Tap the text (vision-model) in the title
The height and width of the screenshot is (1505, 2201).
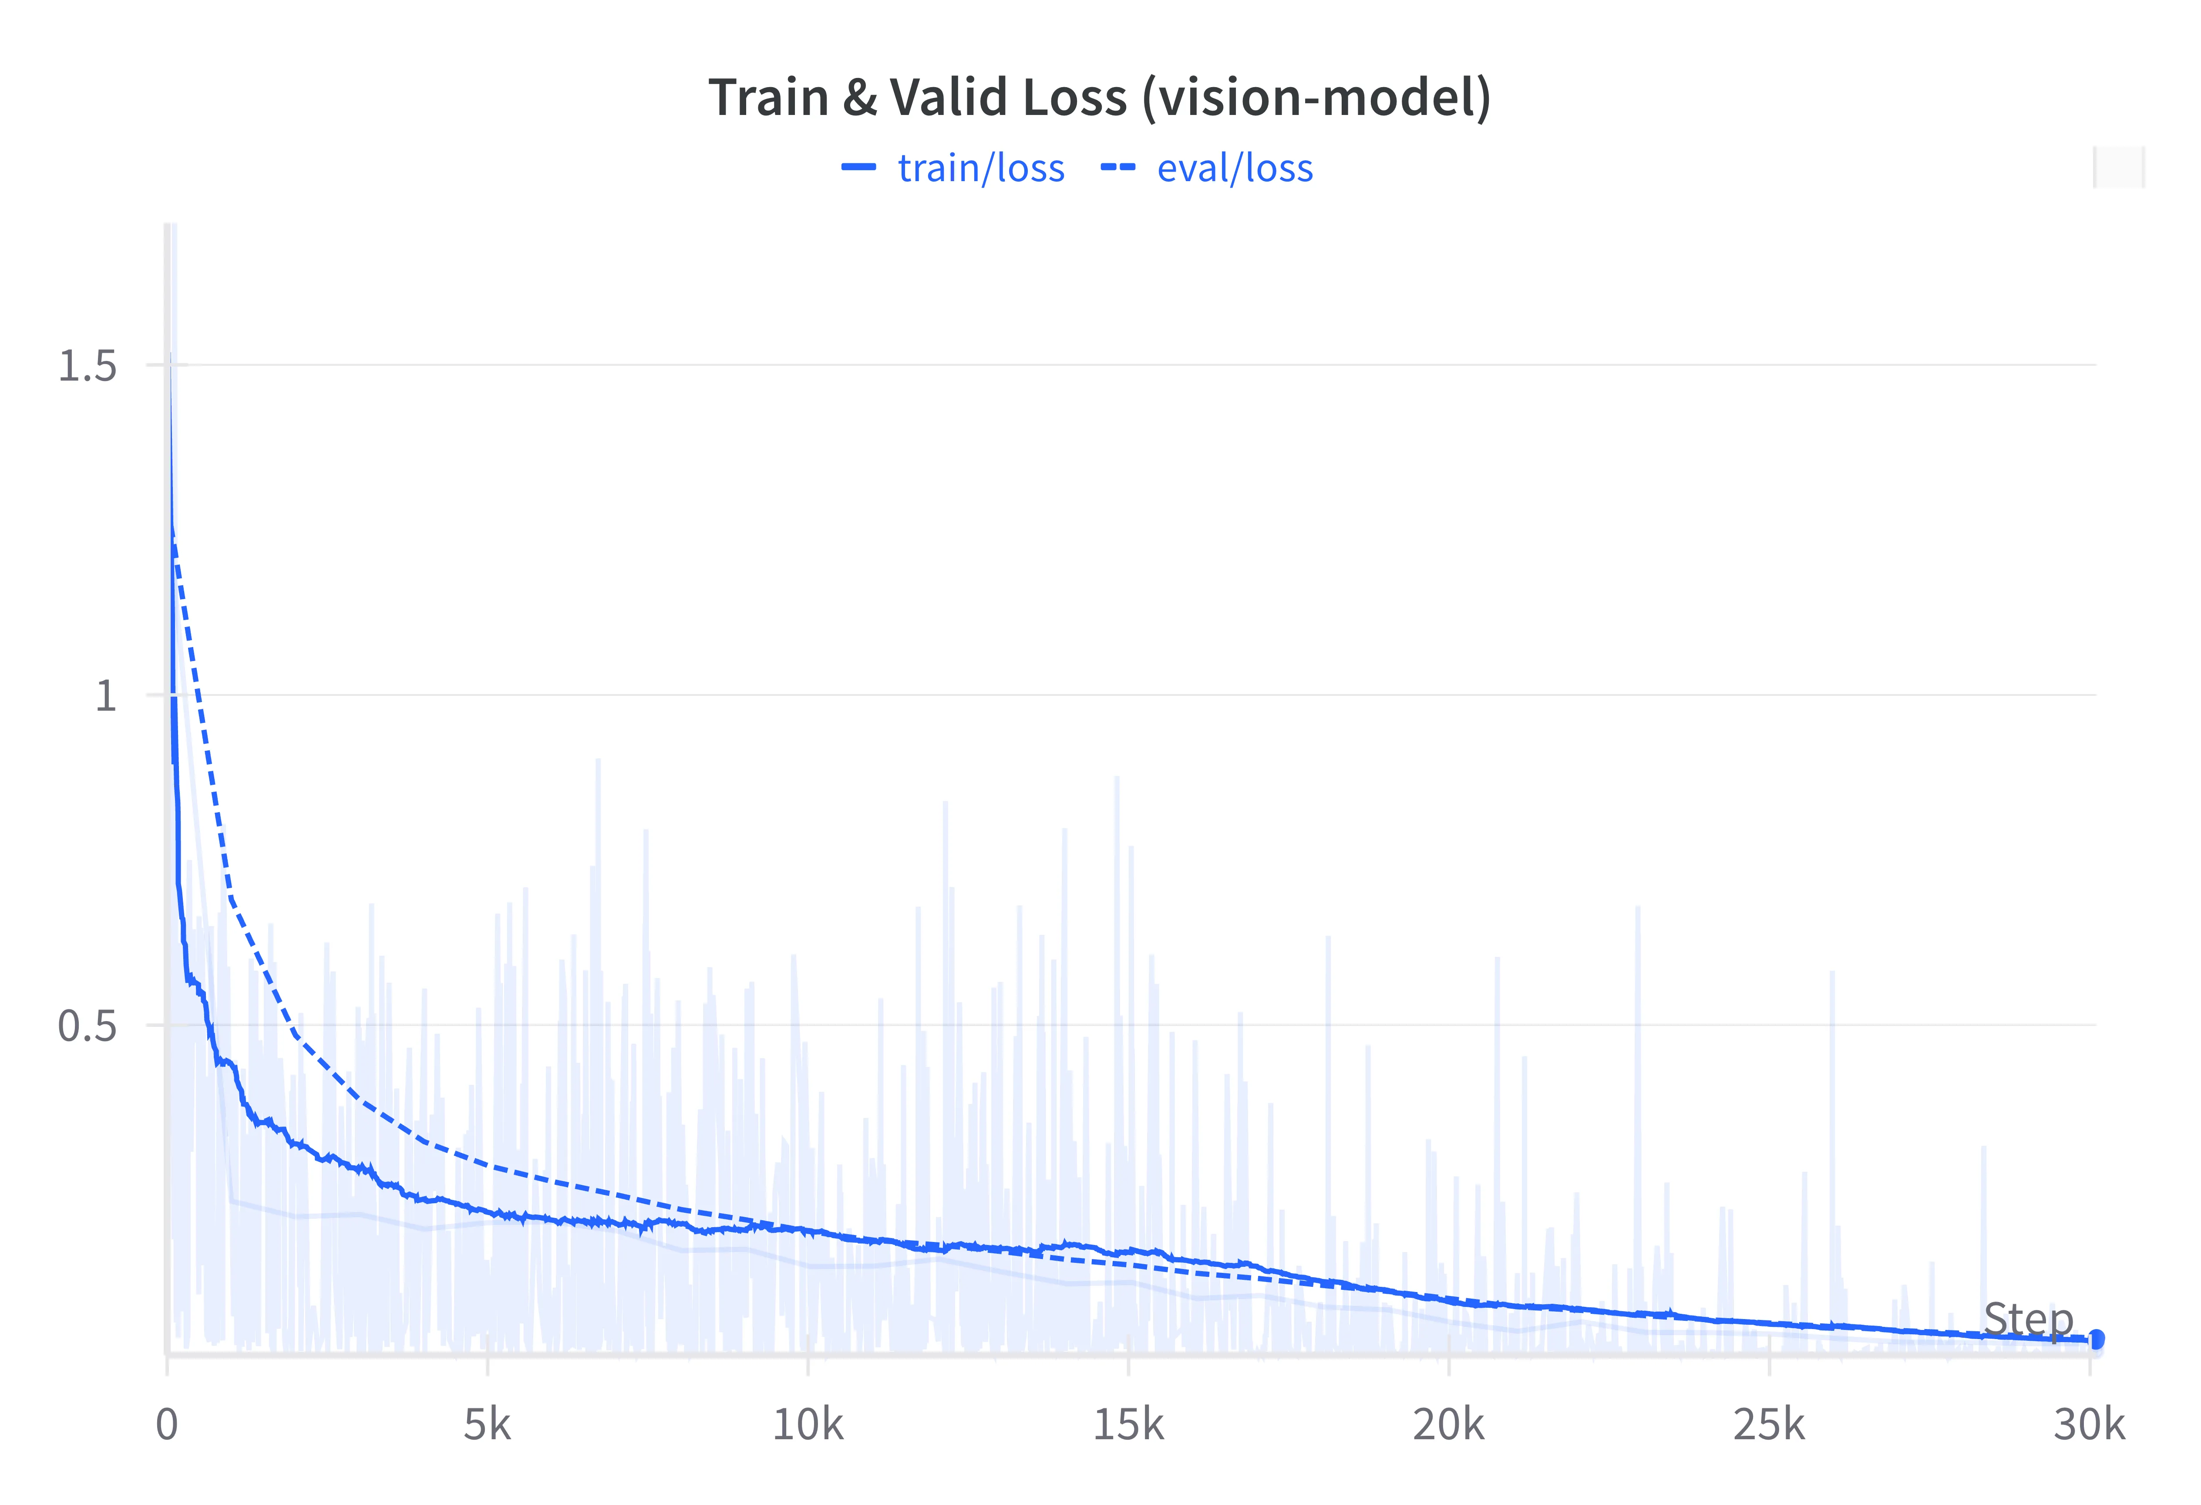(1316, 98)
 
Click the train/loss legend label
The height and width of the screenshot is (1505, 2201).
(981, 169)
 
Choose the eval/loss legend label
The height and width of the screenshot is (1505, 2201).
(1235, 169)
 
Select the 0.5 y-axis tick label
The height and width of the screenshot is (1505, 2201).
(87, 1026)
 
